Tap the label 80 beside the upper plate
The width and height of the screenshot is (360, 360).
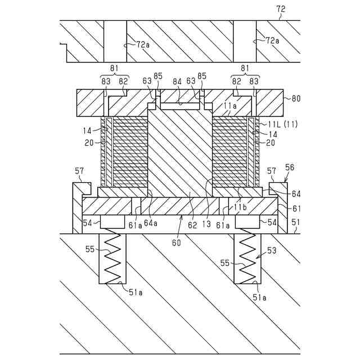(x=296, y=98)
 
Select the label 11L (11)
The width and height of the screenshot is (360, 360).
(x=284, y=123)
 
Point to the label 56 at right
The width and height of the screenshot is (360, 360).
(x=290, y=167)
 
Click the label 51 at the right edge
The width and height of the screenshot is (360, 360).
(x=296, y=223)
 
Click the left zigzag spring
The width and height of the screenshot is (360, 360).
(x=113, y=259)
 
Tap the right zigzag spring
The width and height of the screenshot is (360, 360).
(x=247, y=259)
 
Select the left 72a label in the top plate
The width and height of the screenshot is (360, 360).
(x=143, y=44)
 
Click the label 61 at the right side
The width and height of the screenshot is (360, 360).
(x=296, y=209)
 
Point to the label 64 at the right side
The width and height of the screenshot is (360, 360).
(x=296, y=194)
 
